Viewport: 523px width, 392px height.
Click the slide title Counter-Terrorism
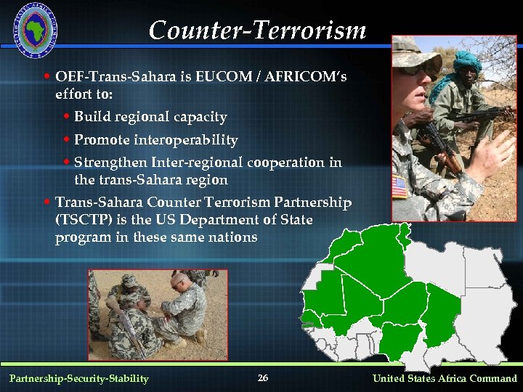(x=257, y=30)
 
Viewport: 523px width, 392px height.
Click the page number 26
(x=263, y=378)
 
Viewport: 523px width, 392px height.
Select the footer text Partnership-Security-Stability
(x=78, y=378)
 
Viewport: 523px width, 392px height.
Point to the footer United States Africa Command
(x=445, y=378)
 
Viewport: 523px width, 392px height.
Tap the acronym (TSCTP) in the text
(x=81, y=219)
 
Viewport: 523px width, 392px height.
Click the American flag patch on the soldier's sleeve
(x=400, y=187)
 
